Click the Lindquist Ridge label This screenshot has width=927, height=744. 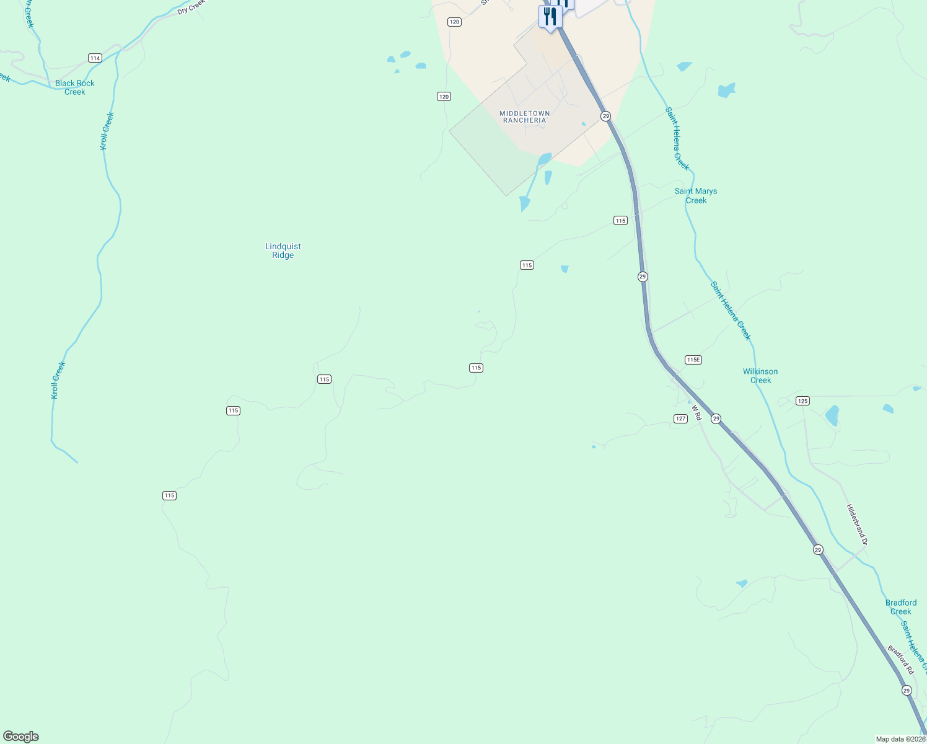pyautogui.click(x=283, y=250)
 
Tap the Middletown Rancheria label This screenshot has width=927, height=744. pyautogui.click(x=525, y=117)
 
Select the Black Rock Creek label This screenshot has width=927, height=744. pyautogui.click(x=75, y=87)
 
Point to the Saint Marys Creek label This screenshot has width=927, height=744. pyautogui.click(x=696, y=195)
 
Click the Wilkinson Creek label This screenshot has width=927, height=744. pyautogui.click(x=760, y=376)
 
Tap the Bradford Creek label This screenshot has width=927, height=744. pyautogui.click(x=901, y=607)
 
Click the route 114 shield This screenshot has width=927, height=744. pyautogui.click(x=95, y=58)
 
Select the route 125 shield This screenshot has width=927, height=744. pyautogui.click(x=802, y=401)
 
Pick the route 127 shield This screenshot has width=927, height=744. pyautogui.click(x=680, y=418)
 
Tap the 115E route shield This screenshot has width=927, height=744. pyautogui.click(x=693, y=360)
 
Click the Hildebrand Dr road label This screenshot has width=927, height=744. pyautogui.click(x=857, y=525)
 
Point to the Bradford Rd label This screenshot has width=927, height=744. pyautogui.click(x=900, y=660)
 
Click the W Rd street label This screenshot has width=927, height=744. pyautogui.click(x=696, y=413)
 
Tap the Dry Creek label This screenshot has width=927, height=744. pyautogui.click(x=191, y=7)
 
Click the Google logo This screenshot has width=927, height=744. pyautogui.click(x=21, y=737)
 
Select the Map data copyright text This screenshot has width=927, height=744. pyautogui.click(x=900, y=739)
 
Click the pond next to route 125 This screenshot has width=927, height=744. pyautogui.click(x=832, y=415)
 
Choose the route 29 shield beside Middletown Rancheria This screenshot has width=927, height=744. pyautogui.click(x=605, y=116)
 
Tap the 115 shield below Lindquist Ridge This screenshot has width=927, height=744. pyautogui.click(x=324, y=379)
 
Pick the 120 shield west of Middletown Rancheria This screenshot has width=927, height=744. pyautogui.click(x=444, y=96)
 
